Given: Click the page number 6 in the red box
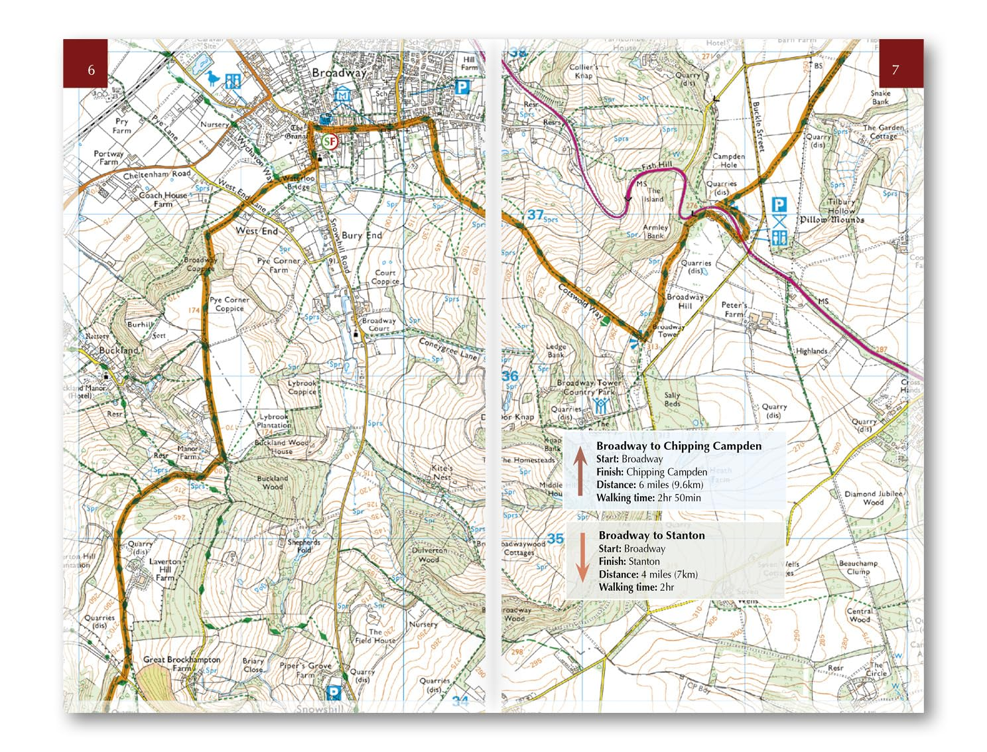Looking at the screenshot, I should coord(91,70).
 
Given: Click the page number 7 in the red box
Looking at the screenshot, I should coord(895,70).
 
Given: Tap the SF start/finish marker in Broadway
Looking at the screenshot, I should coord(330,141).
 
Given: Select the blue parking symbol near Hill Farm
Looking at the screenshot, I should coord(462,87).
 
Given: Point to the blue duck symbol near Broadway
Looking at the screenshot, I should coord(213,79).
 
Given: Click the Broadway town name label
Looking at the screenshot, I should coord(339,73).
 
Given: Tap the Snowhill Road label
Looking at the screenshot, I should coord(339,245).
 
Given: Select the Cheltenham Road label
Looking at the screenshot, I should coord(157,175).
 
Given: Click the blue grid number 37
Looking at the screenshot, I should coord(535,215).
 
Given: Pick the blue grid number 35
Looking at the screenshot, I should coord(555,538).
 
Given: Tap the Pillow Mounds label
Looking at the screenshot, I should coord(832,219).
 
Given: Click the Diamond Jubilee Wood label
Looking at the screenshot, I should coord(873,498).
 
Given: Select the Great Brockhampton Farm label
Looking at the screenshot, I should coord(181,663).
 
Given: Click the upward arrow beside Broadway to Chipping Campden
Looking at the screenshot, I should coord(580,471).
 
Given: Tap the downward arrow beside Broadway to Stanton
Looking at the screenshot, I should coord(582,557).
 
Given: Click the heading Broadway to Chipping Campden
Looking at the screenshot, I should coord(679,446).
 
